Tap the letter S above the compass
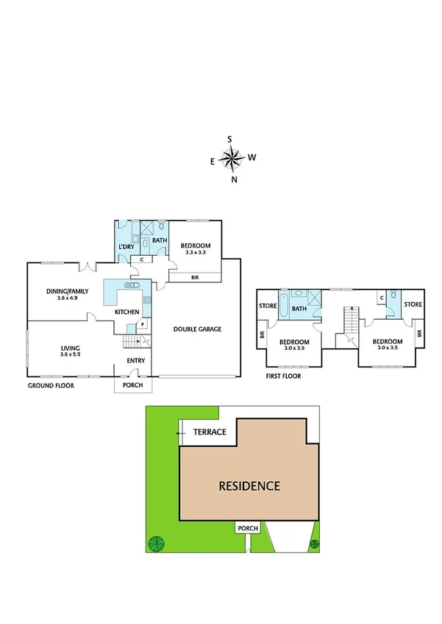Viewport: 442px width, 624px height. pos(230,139)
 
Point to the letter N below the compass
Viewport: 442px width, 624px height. pos(234,179)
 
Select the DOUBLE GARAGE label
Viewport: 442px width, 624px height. pos(196,329)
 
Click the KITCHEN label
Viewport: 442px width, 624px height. pos(126,312)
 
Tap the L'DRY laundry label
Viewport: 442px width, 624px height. pos(126,247)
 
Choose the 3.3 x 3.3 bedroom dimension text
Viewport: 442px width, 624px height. pos(196,252)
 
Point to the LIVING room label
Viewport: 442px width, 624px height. pos(71,348)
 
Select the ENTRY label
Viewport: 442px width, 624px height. pos(135,360)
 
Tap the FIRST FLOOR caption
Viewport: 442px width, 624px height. pos(283,376)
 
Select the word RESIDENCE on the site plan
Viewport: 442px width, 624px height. pos(249,486)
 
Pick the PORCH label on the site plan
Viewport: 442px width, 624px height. pos(246,528)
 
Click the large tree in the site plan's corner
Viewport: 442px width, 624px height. pos(156,544)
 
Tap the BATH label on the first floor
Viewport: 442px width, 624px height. pos(299,309)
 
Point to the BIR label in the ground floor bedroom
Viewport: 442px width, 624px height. pos(195,278)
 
